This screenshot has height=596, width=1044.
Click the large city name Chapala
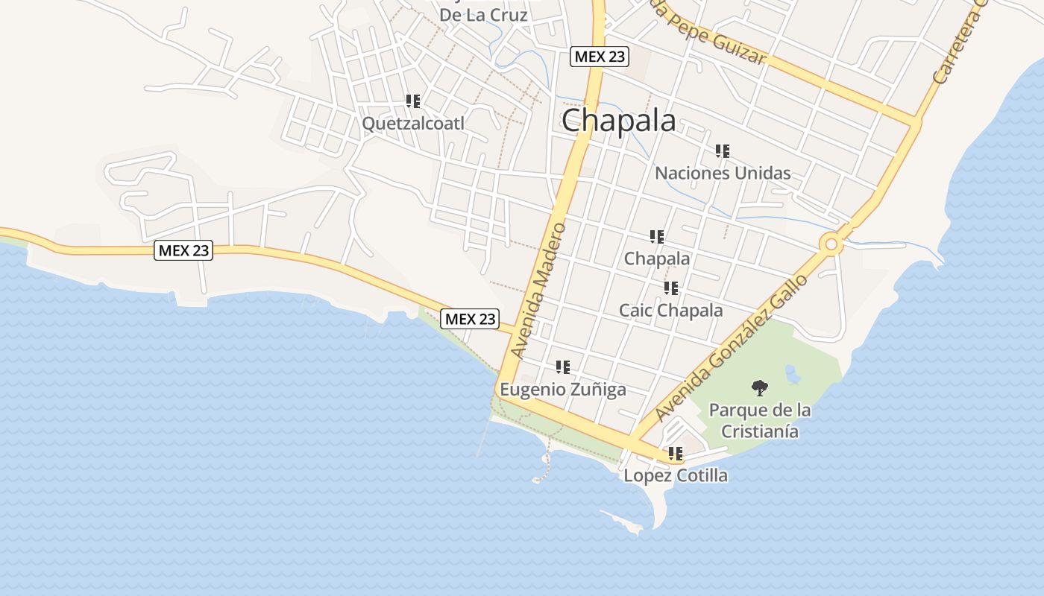[x=618, y=121]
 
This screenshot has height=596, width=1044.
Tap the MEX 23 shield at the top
[x=600, y=56]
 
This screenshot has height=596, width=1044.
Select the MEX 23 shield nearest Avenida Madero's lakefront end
[x=470, y=319]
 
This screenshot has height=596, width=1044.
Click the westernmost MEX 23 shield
[x=183, y=250]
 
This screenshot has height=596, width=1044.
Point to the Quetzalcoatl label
[x=412, y=123]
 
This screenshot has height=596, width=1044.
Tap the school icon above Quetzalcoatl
[x=412, y=101]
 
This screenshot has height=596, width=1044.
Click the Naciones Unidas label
[x=723, y=174]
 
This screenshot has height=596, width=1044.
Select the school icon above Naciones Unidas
[x=722, y=151]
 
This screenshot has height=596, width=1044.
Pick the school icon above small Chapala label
[x=656, y=237]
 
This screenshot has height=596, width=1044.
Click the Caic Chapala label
[x=670, y=310]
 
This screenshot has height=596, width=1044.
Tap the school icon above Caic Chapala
[x=670, y=288]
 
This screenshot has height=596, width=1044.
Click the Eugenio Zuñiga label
[x=562, y=389]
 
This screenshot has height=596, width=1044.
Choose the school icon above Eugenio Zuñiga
[x=562, y=367]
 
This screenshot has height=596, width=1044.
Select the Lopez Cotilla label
[x=676, y=475]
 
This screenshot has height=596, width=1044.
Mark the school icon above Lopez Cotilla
[x=676, y=453]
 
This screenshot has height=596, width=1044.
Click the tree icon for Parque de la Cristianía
[x=759, y=387]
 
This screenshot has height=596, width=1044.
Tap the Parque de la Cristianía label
[x=760, y=421]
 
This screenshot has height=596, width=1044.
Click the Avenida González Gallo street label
[x=732, y=348]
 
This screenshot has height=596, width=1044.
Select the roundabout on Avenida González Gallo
[x=831, y=244]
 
